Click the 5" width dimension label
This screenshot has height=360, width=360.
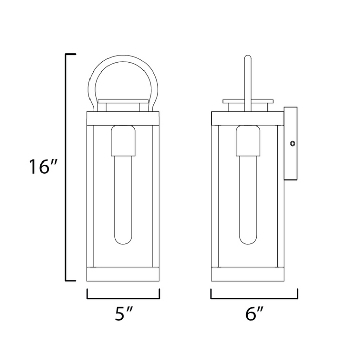point(123,314)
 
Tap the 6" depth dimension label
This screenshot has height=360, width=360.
point(254,314)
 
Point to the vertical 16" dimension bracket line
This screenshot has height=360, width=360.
point(67,168)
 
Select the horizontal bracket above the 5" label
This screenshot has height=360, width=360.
point(123,298)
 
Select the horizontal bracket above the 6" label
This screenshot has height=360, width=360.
point(255,298)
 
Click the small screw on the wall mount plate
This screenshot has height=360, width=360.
point(292,145)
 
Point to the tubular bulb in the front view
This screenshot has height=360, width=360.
point(123,206)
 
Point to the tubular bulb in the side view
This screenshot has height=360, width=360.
point(247,206)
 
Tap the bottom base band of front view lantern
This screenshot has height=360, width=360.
point(123,274)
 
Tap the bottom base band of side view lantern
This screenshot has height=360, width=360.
point(247,274)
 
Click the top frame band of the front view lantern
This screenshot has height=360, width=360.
point(123,118)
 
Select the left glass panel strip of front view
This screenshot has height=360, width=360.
point(92,195)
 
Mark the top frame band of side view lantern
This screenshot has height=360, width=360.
point(247,118)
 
